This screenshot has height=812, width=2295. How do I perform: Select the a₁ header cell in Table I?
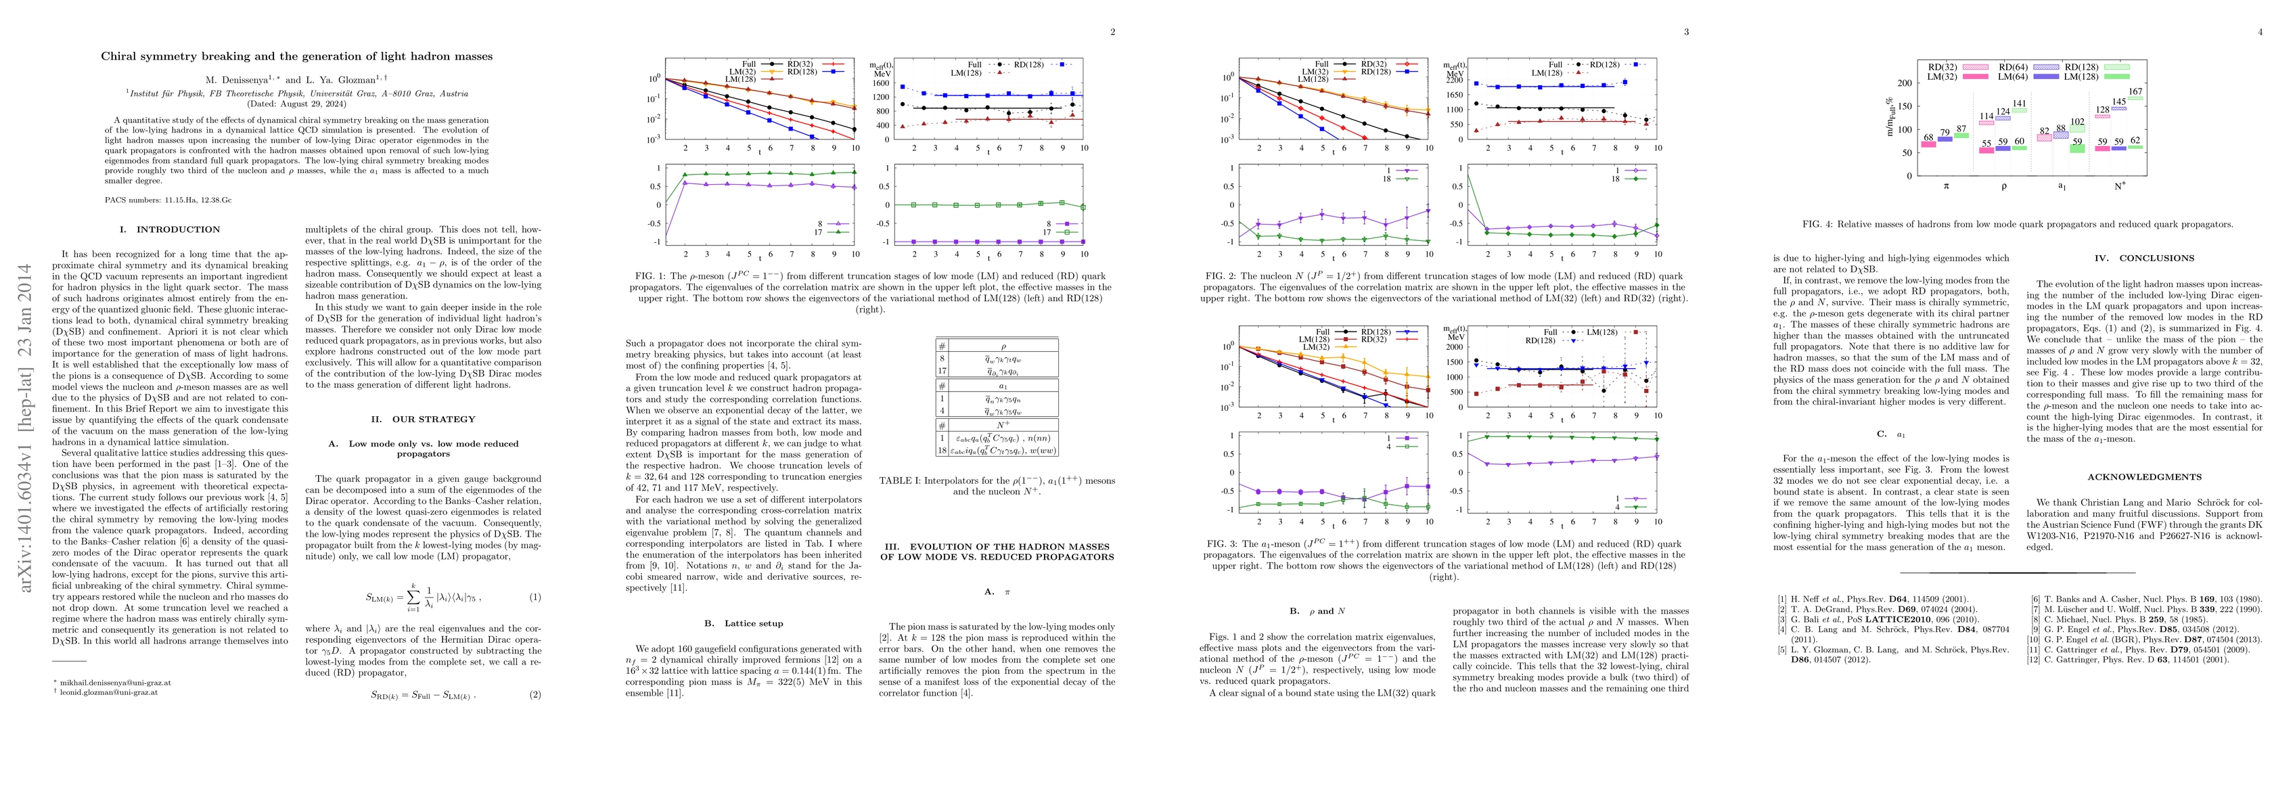[x=1002, y=387]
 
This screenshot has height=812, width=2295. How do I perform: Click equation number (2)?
[x=535, y=694]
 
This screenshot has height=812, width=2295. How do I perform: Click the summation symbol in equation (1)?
[x=413, y=596]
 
